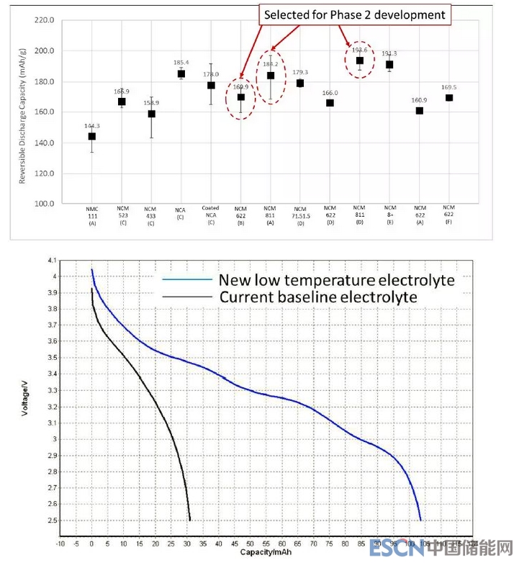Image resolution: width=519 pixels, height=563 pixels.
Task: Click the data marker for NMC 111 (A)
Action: [x=91, y=136]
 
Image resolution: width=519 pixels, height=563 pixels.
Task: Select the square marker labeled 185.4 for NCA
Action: [x=181, y=73]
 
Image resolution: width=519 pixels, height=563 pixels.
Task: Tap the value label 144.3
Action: [x=91, y=125]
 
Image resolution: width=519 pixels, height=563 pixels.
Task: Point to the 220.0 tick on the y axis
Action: [x=44, y=20]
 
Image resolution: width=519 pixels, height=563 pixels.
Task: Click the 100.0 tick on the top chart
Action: [x=44, y=204]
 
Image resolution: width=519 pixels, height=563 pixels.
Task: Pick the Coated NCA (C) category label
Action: [x=210, y=214]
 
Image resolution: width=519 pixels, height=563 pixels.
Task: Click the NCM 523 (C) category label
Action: [x=122, y=214]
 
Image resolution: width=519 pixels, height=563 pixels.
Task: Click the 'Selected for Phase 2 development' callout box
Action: [x=355, y=14]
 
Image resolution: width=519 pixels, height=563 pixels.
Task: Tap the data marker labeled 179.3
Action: [x=299, y=83]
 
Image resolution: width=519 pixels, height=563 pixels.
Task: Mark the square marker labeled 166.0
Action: [x=330, y=103]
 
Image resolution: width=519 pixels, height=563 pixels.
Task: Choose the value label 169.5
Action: [x=448, y=87]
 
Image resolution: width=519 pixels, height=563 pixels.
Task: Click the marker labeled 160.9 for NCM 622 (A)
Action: [x=419, y=111]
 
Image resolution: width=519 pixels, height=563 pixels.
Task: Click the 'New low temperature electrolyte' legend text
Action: [x=337, y=279]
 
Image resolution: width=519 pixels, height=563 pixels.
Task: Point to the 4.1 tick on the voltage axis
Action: [x=50, y=260]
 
